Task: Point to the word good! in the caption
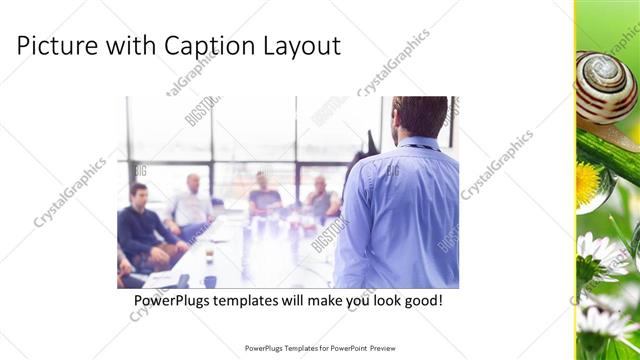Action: [420, 300]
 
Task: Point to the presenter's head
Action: [420, 116]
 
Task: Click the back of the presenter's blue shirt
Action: [400, 215]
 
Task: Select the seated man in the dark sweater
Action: [140, 225]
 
